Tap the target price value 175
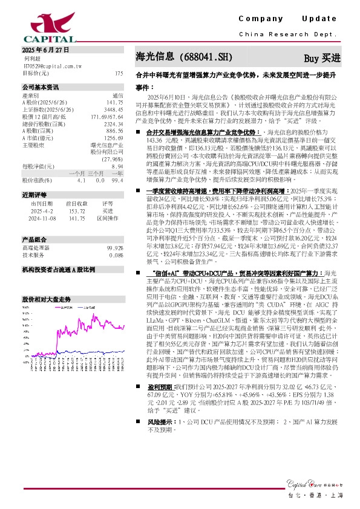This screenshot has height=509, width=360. click(119, 73)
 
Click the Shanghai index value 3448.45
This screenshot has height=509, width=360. click(113, 109)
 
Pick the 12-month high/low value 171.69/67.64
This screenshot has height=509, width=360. click(107, 116)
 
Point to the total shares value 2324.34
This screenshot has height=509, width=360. click(113, 123)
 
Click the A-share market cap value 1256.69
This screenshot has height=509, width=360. click(113, 138)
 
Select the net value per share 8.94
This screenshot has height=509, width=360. click(117, 166)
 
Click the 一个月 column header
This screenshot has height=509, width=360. click(77, 173)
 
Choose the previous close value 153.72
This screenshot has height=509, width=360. click(75, 212)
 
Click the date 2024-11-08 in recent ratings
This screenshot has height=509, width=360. click(43, 219)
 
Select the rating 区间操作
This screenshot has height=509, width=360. click(108, 219)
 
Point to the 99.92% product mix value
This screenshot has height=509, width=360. click(115, 248)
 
